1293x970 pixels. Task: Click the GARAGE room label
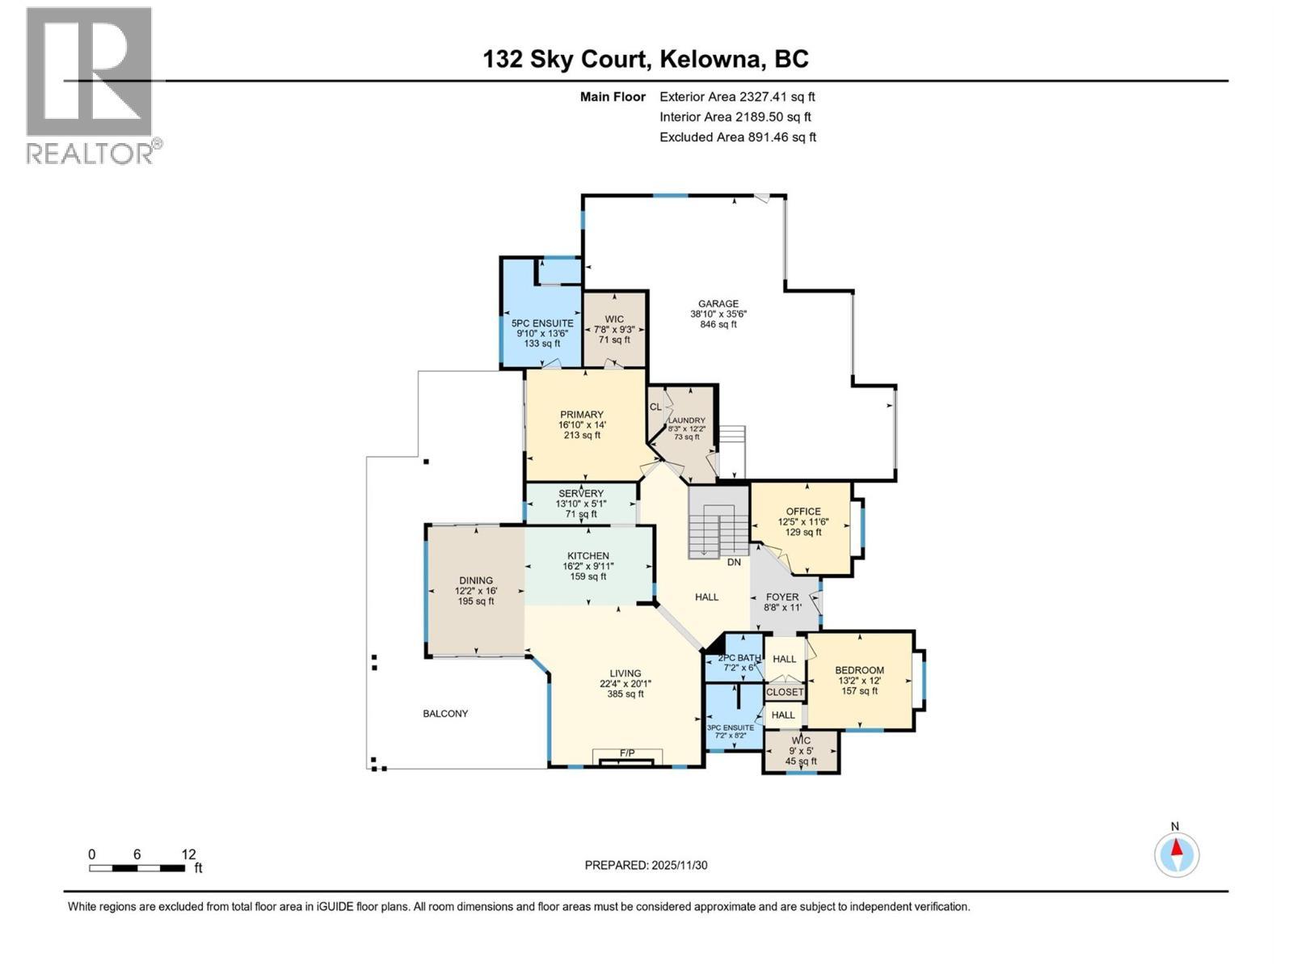718,305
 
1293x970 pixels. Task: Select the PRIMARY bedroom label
582,415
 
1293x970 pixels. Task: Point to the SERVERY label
581,494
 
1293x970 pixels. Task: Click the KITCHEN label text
588,556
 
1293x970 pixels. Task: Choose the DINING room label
476,580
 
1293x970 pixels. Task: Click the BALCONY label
445,714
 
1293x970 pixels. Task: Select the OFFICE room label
803,512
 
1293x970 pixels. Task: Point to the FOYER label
782,597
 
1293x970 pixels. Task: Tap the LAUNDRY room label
686,421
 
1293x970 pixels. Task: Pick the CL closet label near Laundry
655,407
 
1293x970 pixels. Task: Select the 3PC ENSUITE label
731,727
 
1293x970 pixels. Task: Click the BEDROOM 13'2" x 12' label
859,670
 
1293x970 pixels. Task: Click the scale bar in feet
137,868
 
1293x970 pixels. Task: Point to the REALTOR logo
90,85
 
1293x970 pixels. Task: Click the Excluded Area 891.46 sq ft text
737,137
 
